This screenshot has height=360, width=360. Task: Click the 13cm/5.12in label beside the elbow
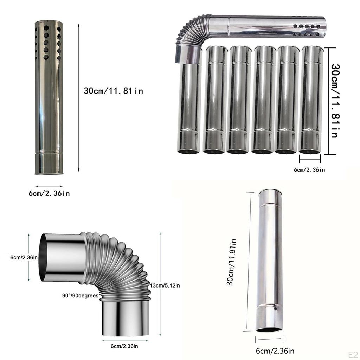tap(165, 285)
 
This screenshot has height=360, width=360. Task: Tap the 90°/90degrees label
tap(81, 295)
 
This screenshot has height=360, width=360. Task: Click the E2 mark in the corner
tap(353, 354)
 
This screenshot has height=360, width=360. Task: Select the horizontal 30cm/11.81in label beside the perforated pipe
tap(114, 91)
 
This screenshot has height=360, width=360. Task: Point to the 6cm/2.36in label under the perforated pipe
tap(49, 193)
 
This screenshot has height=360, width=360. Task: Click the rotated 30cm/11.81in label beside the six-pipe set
tap(335, 101)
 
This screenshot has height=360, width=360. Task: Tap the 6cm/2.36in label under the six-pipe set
tap(309, 170)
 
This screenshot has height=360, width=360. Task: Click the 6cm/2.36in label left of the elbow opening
tap(24, 257)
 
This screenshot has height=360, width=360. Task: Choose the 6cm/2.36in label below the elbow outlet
tap(124, 346)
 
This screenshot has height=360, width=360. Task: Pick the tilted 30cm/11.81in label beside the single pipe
tap(231, 262)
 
